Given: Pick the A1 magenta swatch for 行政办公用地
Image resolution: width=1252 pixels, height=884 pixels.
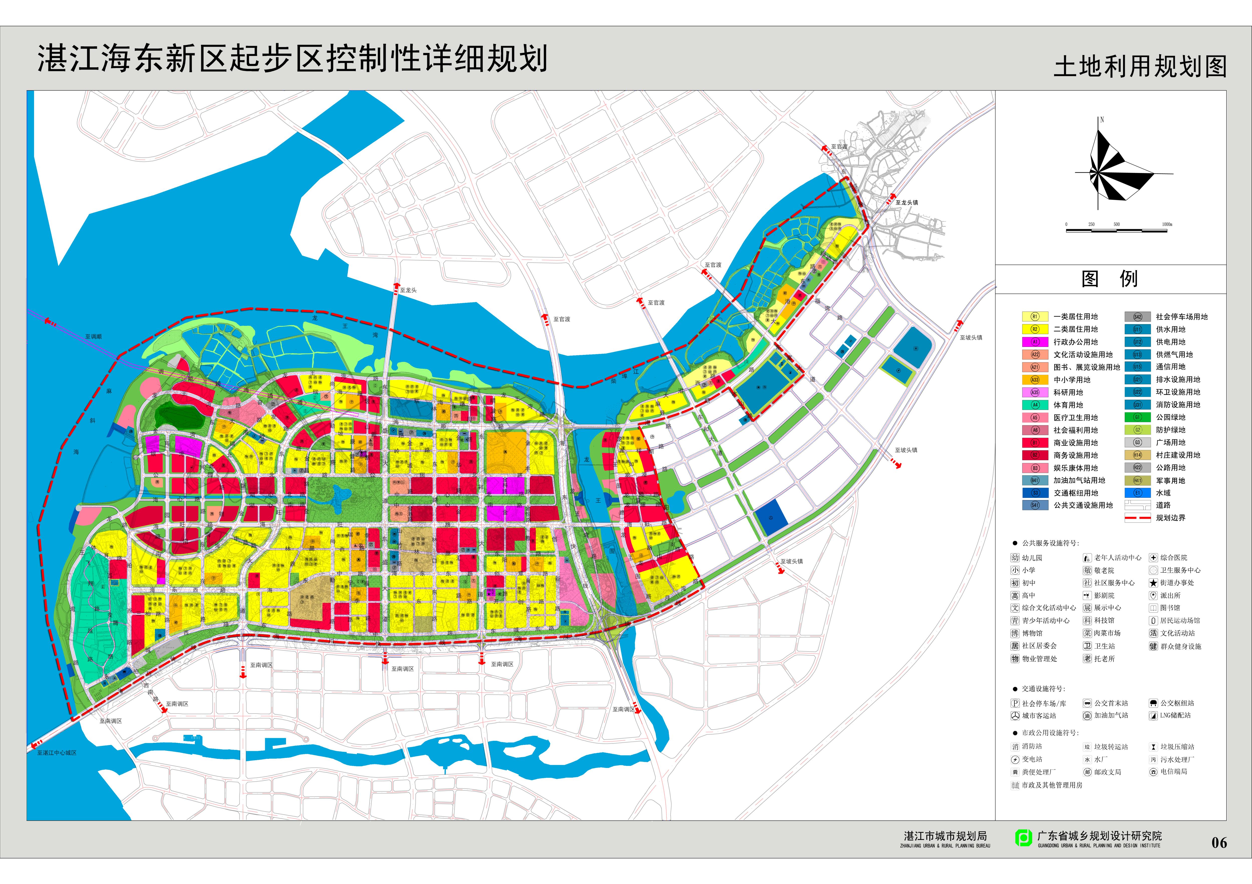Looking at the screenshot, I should [x=1034, y=342].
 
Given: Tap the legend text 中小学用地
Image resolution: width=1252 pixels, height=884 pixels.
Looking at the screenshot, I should [x=1071, y=380].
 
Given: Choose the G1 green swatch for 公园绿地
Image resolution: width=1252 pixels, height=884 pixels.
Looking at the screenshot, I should [x=1137, y=417].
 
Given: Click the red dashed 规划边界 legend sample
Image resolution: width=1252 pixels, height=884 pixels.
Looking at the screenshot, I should [x=1137, y=518].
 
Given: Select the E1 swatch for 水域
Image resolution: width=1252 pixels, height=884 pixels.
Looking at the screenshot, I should [x=1137, y=493].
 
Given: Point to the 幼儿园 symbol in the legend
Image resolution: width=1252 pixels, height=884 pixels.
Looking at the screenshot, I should [x=1015, y=558].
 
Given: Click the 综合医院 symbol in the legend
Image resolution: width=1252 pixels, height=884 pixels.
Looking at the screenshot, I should [x=1153, y=558].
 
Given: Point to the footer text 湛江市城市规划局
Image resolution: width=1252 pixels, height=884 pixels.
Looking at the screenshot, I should [x=945, y=836].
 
